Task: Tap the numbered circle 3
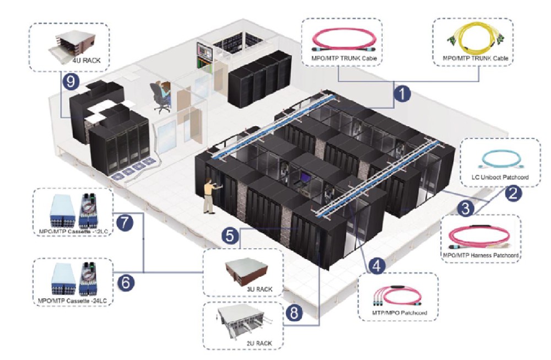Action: click(466, 209)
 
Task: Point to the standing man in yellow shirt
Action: click(209, 195)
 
